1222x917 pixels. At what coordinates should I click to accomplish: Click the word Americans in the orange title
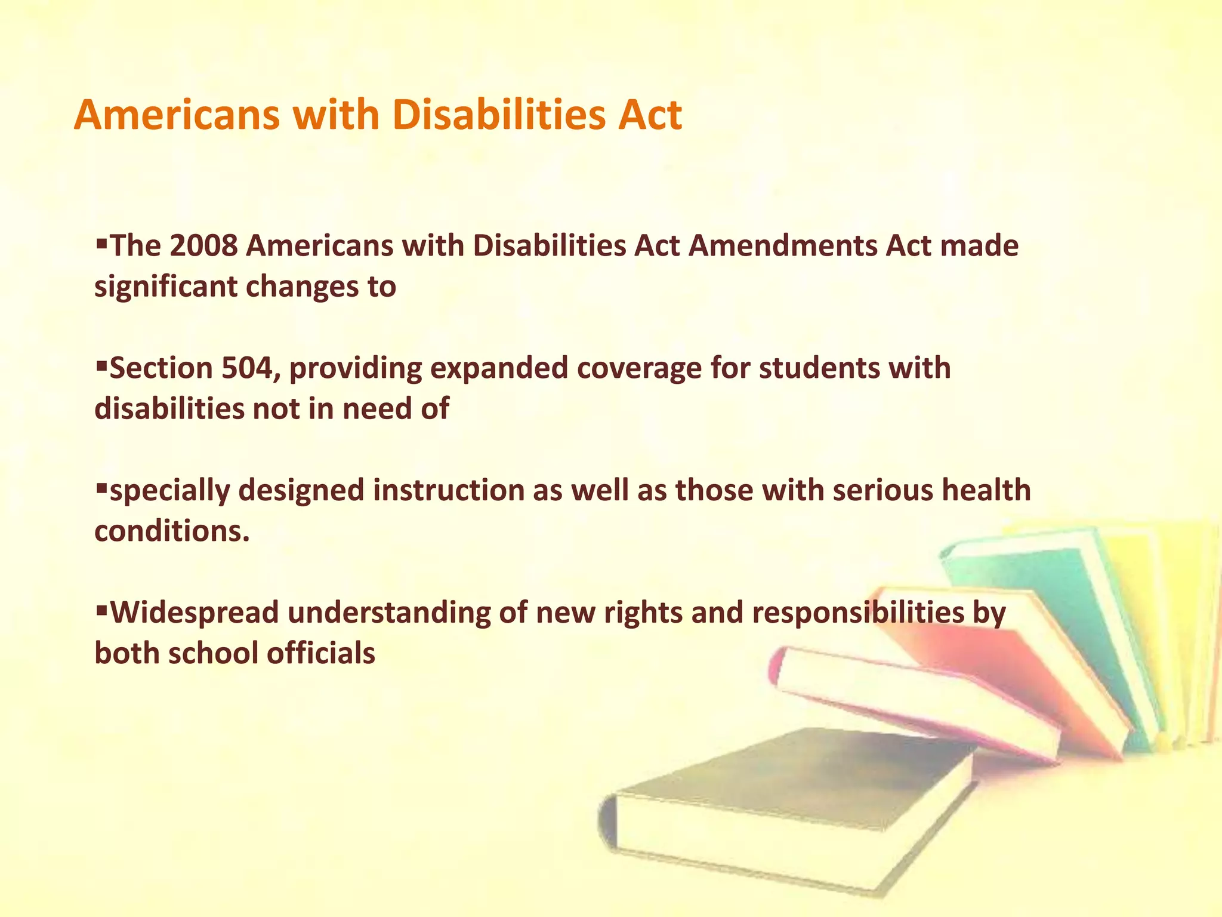click(x=177, y=115)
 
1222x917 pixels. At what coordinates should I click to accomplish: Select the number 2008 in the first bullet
click(x=203, y=246)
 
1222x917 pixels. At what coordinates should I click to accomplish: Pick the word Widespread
click(x=195, y=613)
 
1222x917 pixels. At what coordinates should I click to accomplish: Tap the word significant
click(x=166, y=287)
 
